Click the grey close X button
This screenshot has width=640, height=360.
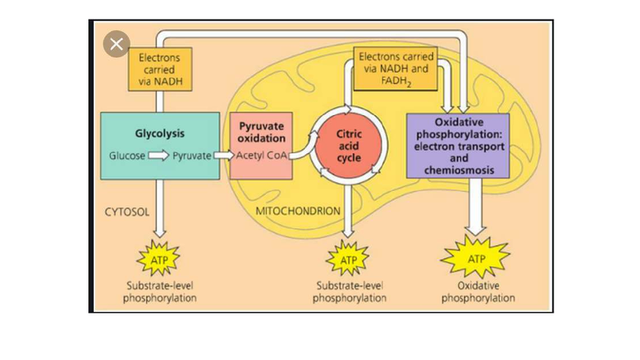coord(116,45)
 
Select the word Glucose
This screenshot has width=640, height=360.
coord(127,155)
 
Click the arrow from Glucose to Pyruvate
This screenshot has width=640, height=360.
coord(158,155)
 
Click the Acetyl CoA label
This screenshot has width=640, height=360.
coord(260,155)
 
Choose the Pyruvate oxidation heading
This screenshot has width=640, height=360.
coord(260,132)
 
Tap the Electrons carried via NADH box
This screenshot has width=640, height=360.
coord(154,70)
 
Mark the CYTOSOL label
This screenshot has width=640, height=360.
coord(127,211)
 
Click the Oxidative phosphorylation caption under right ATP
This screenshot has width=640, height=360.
coord(478,292)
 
